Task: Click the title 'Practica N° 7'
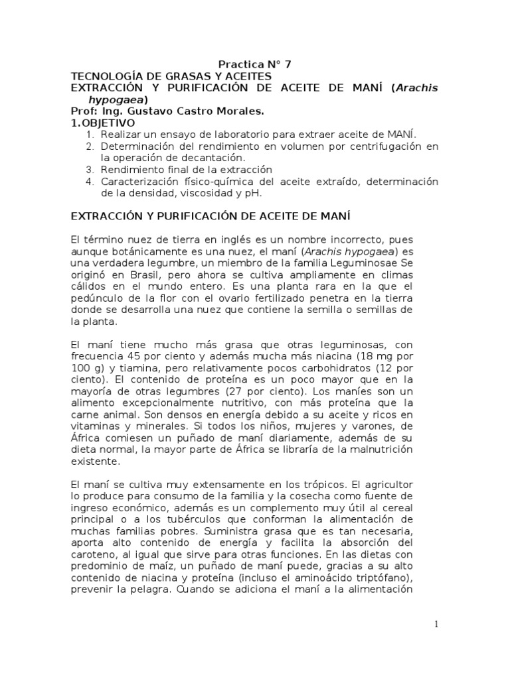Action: [255, 64]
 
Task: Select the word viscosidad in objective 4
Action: [191, 193]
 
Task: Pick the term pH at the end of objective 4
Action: [252, 193]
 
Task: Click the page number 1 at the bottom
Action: [436, 624]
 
